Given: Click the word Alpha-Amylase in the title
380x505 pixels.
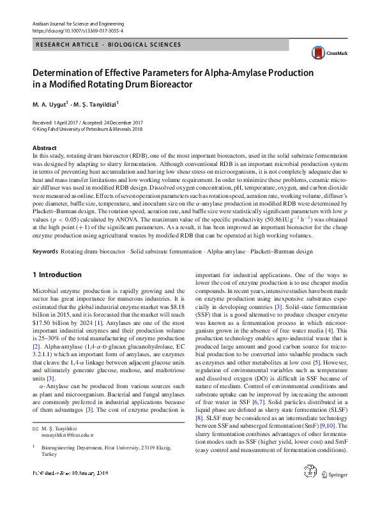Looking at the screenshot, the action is [226, 72].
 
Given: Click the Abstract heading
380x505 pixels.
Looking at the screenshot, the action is [44, 148].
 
